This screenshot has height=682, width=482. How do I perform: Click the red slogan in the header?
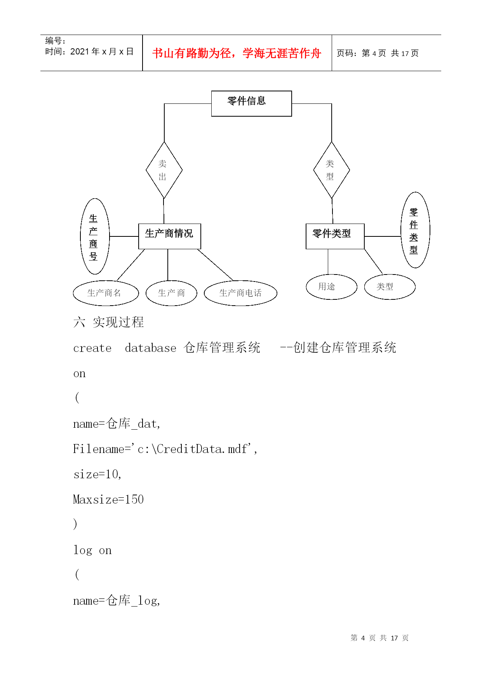coord(237,53)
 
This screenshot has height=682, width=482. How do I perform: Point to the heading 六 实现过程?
coord(108,322)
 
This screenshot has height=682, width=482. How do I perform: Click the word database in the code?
coord(150,348)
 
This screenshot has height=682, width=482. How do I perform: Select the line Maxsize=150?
coord(108,499)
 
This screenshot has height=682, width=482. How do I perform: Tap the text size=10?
coord(97,474)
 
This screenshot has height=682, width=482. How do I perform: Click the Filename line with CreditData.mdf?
coord(165,449)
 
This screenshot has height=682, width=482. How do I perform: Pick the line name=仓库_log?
coord(117,601)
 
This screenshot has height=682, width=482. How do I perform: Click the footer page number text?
coord(379,638)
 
